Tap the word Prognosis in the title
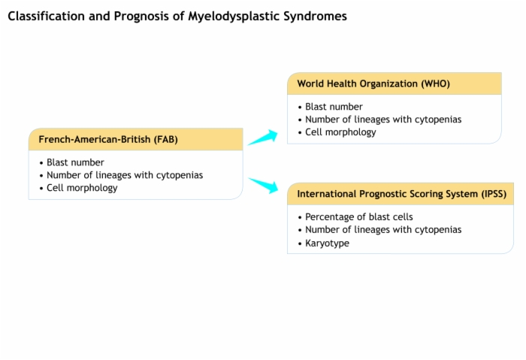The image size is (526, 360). [x=141, y=17]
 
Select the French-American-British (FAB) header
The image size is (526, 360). [x=108, y=139]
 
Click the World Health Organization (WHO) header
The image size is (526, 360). [x=373, y=83]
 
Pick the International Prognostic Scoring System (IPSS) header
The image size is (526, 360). [x=402, y=194]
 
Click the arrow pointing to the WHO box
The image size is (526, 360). [x=263, y=138]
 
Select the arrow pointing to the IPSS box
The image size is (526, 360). [x=263, y=186]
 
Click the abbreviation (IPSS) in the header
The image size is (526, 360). [x=494, y=194]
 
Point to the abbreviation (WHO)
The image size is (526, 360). [x=435, y=83]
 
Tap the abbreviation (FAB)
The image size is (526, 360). [x=166, y=139]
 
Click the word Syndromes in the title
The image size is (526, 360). [x=315, y=17]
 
